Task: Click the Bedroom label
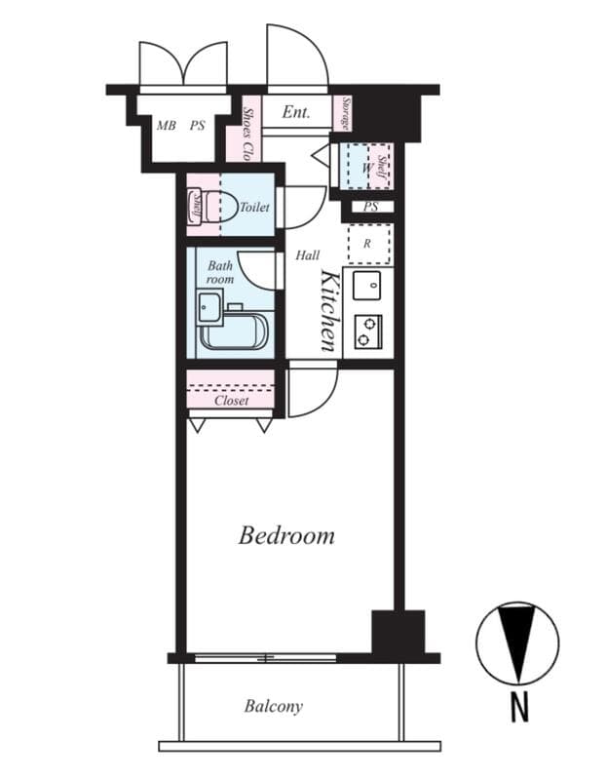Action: click(286, 535)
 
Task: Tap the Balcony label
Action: click(273, 706)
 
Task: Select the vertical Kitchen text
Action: click(329, 310)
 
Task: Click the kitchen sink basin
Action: click(367, 286)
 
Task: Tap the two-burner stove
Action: click(367, 331)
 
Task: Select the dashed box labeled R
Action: click(367, 244)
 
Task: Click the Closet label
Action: click(231, 400)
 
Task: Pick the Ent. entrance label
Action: click(296, 112)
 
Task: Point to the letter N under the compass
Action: click(519, 706)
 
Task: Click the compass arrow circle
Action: click(517, 643)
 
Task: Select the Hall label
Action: click(307, 255)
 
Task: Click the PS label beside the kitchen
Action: click(370, 207)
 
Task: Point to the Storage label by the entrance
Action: click(344, 114)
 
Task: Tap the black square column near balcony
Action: click(398, 632)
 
